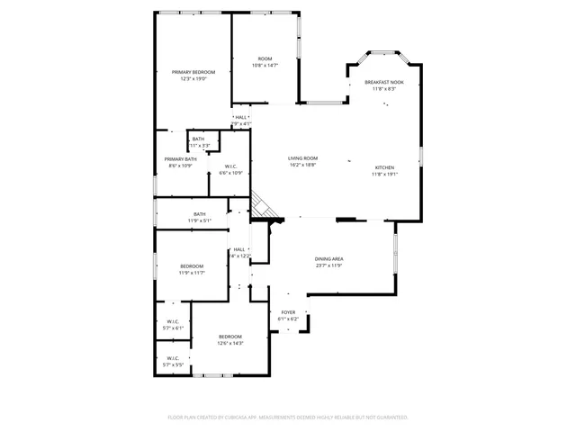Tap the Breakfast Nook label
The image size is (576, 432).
384,82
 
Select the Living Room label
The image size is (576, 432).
302,157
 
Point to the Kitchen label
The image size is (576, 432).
384,167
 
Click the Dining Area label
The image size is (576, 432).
328,259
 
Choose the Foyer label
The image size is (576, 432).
288,312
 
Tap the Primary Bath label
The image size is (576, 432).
180,159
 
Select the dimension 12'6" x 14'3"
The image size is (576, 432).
230,343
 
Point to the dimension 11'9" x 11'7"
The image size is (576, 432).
192,273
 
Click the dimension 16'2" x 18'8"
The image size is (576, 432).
302,165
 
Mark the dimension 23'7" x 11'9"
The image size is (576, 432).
328,265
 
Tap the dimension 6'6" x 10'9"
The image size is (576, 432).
231,173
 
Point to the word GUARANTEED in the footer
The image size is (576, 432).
390,418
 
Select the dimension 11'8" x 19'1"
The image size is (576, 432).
384,175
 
